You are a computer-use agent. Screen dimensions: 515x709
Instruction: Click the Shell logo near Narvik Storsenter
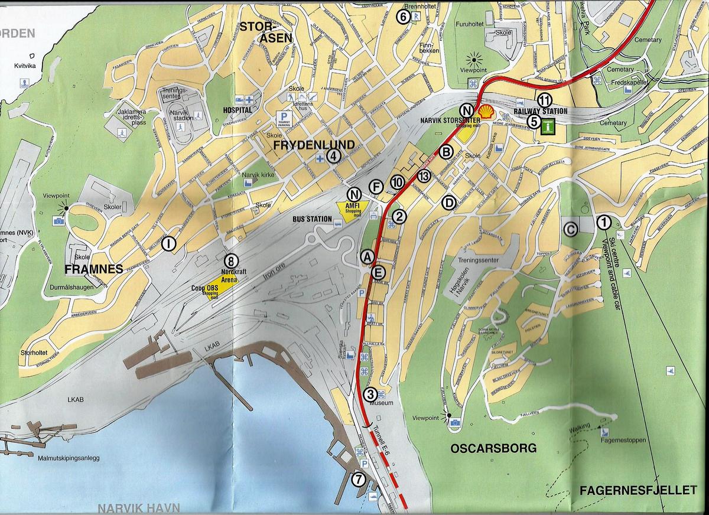coord(486,112)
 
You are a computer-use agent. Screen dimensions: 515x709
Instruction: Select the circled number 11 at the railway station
coord(544,99)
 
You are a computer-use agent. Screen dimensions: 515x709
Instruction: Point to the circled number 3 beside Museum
coord(370,394)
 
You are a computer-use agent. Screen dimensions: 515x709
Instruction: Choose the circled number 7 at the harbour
coord(358,479)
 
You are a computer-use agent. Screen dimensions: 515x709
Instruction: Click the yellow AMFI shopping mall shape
coord(352,207)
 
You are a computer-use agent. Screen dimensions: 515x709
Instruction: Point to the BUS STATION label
coord(312,219)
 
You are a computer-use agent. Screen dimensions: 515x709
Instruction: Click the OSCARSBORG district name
coord(493,448)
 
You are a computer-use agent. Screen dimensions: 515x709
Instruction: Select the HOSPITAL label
coord(238,110)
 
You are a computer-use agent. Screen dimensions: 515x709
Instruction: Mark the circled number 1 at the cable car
coord(604,222)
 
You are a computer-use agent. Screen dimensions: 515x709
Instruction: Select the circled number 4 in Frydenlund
coord(334,157)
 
